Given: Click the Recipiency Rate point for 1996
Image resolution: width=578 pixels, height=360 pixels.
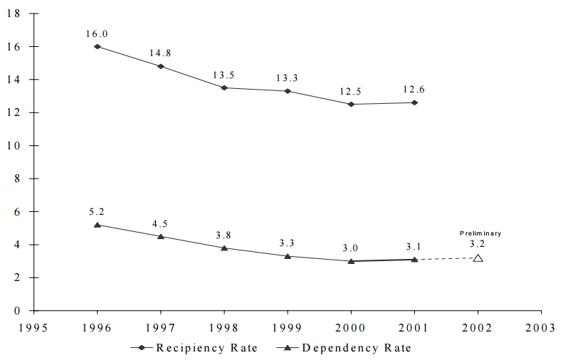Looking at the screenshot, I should coord(97,47).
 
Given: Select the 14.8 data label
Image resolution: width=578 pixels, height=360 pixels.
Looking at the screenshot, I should coord(161,53).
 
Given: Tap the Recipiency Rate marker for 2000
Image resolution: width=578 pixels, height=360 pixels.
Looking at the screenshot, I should coord(351,105).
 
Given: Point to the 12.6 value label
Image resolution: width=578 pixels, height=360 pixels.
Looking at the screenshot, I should coord(414,89).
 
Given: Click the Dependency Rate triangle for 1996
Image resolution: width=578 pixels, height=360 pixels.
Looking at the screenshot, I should coord(97,225).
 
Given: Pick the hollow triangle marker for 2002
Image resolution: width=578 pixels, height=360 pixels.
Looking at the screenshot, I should coord(478,258).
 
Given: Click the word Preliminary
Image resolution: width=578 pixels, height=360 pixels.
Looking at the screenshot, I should coord(480,233).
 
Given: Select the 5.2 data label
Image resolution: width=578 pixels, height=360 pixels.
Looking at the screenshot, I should coord(97,211).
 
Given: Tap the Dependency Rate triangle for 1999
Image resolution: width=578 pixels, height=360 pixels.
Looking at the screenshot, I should coord(288,256).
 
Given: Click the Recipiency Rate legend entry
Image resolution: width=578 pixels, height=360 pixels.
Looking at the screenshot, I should coord(194,348).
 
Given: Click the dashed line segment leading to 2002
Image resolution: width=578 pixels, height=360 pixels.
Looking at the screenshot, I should coord(446,259).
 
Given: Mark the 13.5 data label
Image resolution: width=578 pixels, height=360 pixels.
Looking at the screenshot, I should coord(224,74).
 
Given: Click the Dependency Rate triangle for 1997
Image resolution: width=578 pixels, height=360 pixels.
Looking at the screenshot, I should coord(161,236).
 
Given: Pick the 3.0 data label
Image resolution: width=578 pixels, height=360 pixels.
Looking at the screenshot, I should coord(351,248).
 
